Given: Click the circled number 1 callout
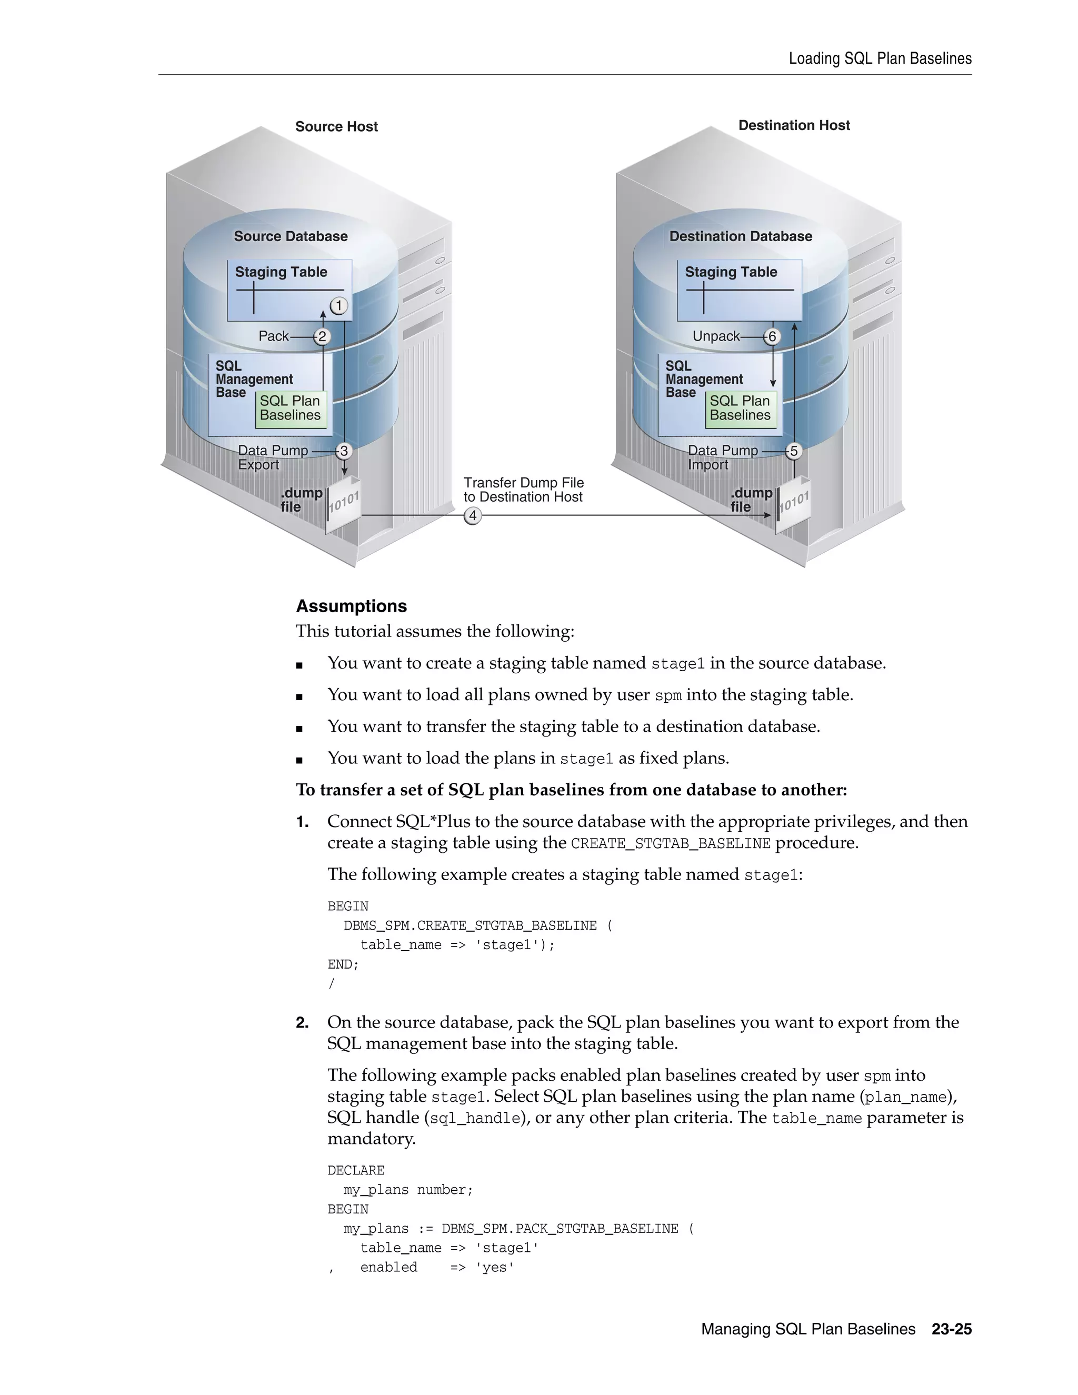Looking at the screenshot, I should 339,306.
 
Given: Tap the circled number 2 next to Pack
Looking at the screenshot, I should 322,336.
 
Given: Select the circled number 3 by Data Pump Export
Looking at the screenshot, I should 344,451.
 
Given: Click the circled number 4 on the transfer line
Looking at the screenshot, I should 473,515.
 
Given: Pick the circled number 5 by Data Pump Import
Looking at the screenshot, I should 793,451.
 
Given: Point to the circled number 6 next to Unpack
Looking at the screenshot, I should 772,336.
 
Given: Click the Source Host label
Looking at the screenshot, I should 336,126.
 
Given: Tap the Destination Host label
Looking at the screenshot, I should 794,125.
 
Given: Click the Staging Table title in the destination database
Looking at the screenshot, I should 731,272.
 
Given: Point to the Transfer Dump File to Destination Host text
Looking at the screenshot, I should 523,490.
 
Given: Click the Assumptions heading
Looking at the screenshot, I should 351,606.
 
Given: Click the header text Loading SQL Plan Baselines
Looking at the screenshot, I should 880,59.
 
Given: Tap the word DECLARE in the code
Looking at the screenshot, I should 356,1170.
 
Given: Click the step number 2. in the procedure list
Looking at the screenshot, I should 302,1023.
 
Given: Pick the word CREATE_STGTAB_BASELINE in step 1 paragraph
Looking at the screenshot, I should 671,844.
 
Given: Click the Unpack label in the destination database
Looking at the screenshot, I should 715,336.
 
